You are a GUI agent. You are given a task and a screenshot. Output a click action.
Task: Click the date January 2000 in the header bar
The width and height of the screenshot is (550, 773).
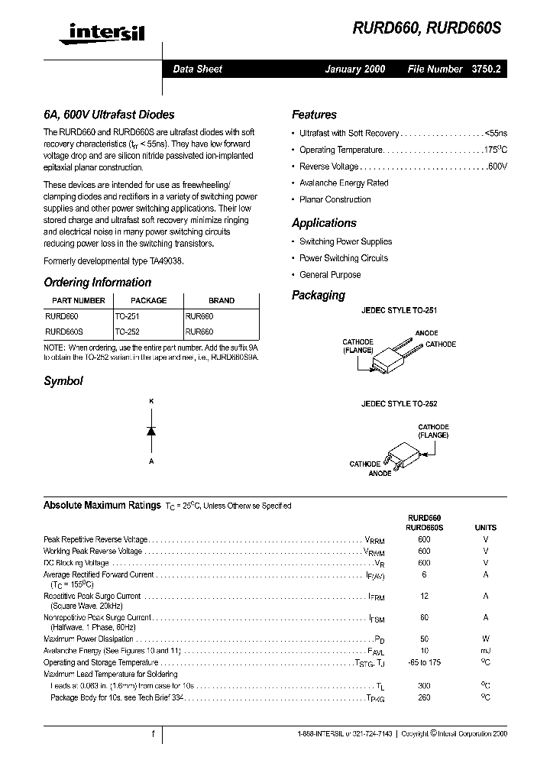click(x=355, y=69)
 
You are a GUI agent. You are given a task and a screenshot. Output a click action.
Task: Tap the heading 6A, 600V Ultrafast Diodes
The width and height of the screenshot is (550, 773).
click(x=109, y=115)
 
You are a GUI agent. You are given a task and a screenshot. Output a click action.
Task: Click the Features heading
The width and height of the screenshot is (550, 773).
click(x=314, y=115)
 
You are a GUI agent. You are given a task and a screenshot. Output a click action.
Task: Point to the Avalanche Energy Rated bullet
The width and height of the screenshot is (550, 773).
click(x=344, y=183)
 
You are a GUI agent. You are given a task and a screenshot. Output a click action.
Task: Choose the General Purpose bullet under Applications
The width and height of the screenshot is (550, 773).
click(x=330, y=275)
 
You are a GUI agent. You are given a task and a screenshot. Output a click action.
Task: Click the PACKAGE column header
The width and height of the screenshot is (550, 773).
click(x=148, y=300)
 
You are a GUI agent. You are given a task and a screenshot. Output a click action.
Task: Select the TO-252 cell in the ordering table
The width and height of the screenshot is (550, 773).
click(x=128, y=332)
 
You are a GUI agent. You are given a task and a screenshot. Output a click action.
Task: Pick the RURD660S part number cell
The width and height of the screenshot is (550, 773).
click(x=64, y=332)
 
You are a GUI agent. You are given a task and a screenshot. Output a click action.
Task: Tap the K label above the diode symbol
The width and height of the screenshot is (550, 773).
click(x=151, y=401)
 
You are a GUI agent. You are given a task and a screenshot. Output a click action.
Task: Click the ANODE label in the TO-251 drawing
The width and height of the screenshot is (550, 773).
click(x=426, y=333)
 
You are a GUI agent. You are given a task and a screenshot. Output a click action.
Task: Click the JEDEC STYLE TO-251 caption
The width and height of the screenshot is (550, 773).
click(x=399, y=311)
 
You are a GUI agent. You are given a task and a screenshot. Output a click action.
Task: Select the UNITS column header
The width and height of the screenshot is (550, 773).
click(x=485, y=527)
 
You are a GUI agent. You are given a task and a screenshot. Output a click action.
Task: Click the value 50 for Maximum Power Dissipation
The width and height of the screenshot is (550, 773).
click(x=424, y=639)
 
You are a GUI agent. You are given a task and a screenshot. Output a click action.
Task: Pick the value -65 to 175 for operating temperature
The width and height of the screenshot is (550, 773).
click(x=424, y=662)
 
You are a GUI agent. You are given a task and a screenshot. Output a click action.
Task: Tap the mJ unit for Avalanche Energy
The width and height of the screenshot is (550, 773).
click(x=485, y=651)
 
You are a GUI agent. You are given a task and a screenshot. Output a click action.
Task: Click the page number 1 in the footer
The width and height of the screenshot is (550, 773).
click(x=153, y=734)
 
